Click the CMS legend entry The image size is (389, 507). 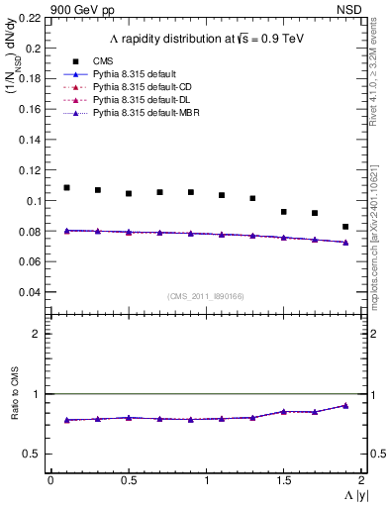103,61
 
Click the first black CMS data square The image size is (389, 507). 66,187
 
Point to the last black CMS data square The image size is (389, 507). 345,227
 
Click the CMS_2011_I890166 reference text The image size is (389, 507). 206,296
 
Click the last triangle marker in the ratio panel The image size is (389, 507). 345,405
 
